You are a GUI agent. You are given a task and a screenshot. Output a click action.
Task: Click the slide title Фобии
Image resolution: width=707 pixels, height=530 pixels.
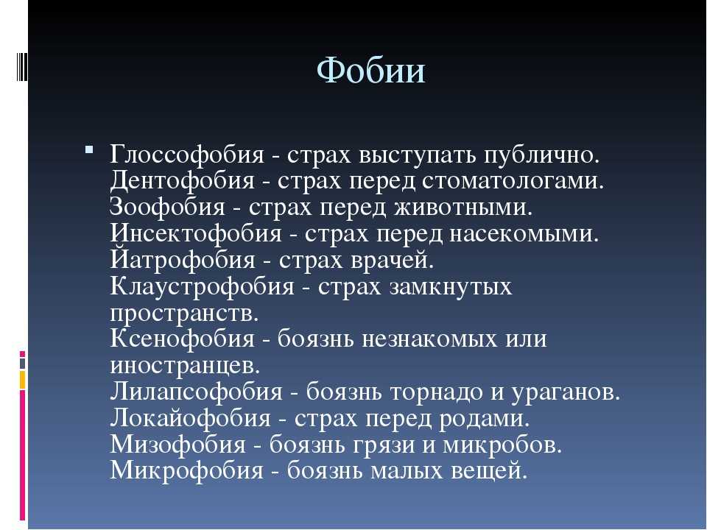[371, 71]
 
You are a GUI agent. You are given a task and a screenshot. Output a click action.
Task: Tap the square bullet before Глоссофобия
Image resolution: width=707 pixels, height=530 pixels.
[89, 149]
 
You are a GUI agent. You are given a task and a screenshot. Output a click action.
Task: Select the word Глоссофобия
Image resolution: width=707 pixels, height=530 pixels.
[186, 155]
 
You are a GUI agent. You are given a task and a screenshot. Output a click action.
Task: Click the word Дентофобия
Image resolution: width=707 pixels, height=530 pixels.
[182, 181]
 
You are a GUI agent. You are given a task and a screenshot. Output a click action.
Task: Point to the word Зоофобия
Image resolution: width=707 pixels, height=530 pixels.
[167, 207]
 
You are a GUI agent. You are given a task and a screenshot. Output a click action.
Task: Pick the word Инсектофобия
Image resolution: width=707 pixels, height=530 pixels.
[196, 233]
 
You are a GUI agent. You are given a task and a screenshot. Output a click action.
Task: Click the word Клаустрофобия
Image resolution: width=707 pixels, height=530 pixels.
[202, 286]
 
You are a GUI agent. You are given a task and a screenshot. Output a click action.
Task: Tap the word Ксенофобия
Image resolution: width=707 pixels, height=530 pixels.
[182, 339]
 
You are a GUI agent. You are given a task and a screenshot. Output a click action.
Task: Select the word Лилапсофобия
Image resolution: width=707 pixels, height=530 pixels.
[196, 392]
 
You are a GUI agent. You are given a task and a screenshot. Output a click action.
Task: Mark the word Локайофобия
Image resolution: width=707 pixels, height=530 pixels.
[190, 418]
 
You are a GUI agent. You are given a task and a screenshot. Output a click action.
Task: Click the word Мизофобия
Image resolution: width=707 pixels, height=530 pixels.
[177, 445]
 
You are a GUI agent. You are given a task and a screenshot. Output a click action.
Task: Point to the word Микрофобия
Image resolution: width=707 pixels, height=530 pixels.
[186, 470]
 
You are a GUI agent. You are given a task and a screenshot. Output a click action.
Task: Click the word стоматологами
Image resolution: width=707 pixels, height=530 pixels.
[513, 181]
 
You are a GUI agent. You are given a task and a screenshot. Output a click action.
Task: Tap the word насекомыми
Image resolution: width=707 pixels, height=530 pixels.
[524, 234]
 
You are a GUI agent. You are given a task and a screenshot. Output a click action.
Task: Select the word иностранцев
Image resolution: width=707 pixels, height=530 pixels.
[185, 366]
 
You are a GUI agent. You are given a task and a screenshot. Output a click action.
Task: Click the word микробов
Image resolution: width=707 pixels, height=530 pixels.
[502, 445]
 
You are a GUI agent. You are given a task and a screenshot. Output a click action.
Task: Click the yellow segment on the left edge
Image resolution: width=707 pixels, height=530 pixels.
[22, 380]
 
